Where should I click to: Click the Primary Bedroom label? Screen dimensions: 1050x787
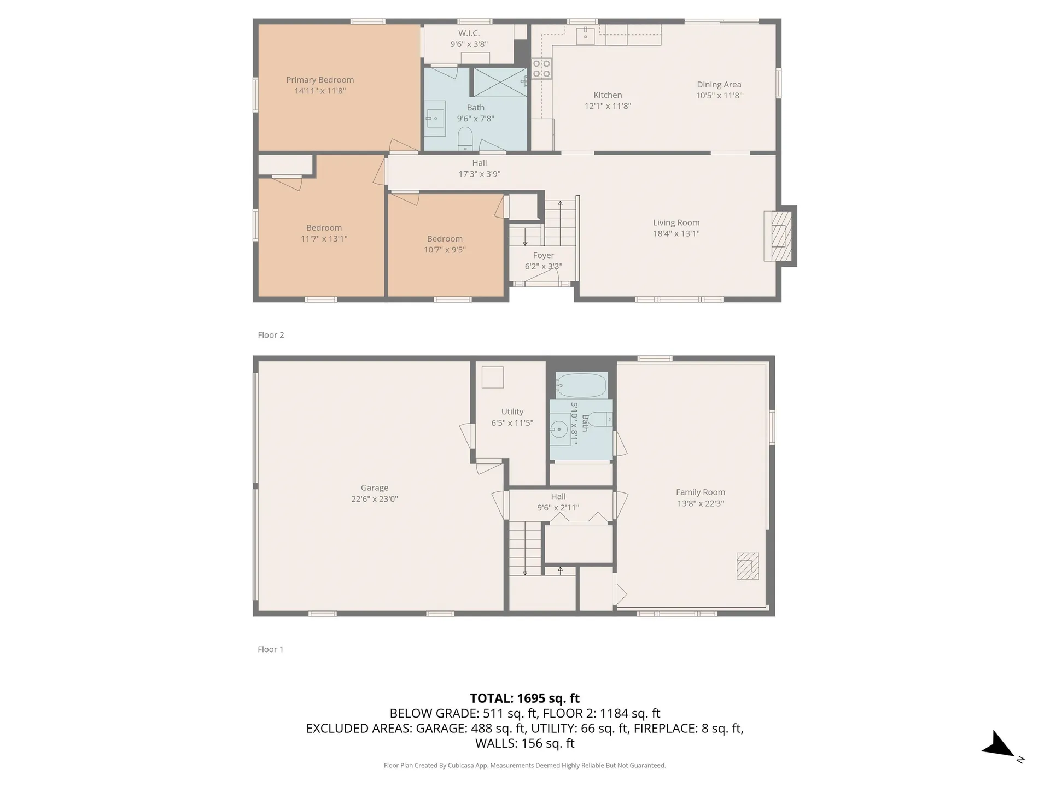[x=320, y=80]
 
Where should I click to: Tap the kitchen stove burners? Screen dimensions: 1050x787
[x=541, y=69]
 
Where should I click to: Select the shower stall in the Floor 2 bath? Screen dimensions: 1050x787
[x=499, y=83]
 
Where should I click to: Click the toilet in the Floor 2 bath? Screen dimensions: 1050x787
[x=465, y=139]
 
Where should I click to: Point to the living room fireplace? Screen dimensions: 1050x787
[x=780, y=236]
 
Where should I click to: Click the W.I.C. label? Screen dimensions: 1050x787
[x=469, y=33]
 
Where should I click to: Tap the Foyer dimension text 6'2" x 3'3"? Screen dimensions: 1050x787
[x=543, y=266]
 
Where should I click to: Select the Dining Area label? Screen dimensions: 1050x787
[x=719, y=85]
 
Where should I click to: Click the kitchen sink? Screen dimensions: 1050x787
[x=585, y=34]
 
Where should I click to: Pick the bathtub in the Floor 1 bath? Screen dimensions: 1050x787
[x=581, y=385]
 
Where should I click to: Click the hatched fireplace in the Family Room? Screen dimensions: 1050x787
[x=748, y=566]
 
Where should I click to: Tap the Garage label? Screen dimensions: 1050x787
[x=375, y=488]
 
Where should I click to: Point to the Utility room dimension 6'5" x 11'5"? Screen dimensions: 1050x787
[x=512, y=422]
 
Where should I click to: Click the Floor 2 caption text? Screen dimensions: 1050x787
[x=271, y=335]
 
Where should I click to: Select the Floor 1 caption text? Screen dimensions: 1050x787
[x=270, y=649]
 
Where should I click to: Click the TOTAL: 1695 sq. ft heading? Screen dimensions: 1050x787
[x=525, y=698]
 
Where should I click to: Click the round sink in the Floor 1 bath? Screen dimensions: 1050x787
[x=559, y=429]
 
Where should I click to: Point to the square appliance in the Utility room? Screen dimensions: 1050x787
[x=492, y=377]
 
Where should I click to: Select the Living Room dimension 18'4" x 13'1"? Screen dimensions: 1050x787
[x=676, y=233]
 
